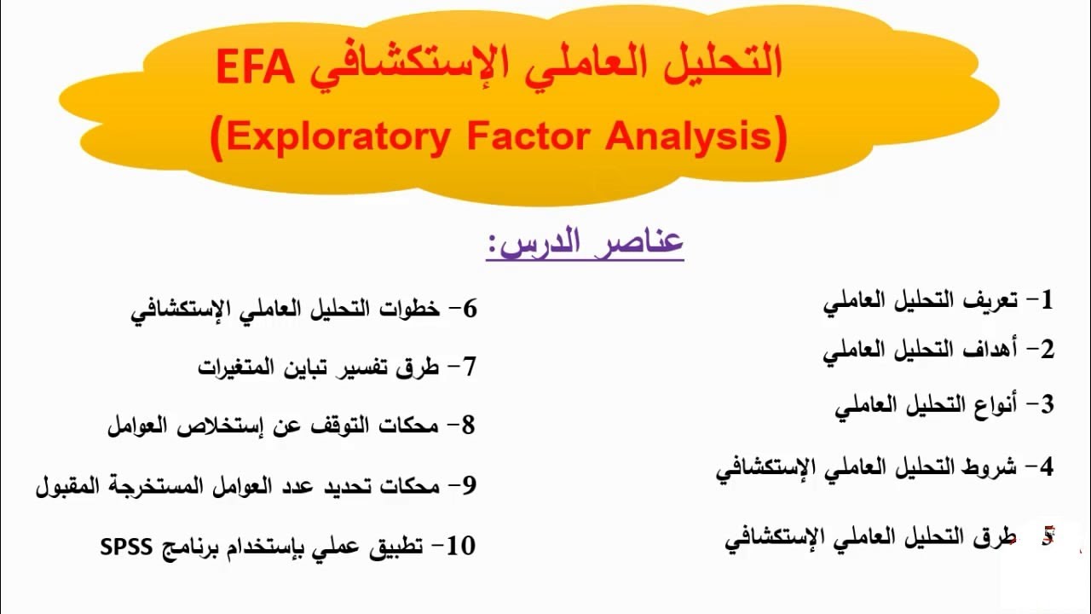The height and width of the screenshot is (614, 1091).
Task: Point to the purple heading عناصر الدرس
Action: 586,243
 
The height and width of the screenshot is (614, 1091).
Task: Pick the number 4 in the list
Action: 1046,466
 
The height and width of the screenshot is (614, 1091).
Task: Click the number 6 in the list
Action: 469,309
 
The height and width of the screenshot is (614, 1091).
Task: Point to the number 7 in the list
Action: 468,368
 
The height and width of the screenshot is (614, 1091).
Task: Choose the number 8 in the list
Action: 467,425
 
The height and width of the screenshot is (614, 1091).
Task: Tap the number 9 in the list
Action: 468,486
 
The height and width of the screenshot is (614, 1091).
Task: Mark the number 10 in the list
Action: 461,546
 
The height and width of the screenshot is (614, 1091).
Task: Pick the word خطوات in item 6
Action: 410,309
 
